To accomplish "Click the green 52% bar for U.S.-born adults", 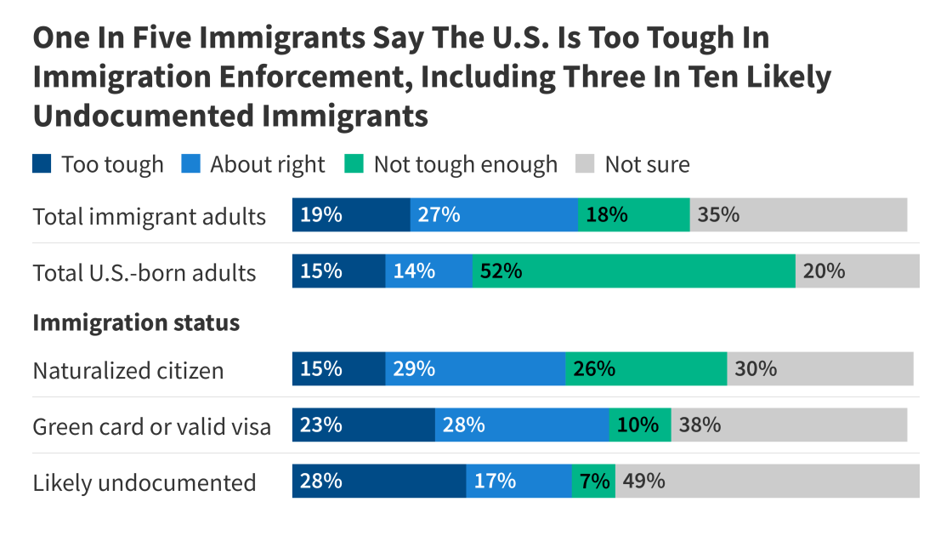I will [x=633, y=271].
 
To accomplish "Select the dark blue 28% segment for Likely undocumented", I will [x=379, y=481].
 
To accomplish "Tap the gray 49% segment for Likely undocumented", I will [x=767, y=481].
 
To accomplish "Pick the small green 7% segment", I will [x=593, y=481].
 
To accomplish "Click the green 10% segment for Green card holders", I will [x=639, y=425].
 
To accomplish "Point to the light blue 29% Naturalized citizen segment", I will [x=475, y=369].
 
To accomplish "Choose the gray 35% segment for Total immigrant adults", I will [x=798, y=214].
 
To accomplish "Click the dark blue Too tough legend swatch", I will [x=42, y=163].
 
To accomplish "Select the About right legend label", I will [x=267, y=164].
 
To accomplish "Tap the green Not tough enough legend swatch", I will [x=354, y=163].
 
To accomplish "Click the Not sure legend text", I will [x=647, y=164].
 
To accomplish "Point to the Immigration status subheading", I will [x=136, y=323].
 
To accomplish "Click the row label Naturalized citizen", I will [x=128, y=371].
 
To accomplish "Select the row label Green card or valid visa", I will [x=152, y=426].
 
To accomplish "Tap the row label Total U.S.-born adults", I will [x=144, y=272].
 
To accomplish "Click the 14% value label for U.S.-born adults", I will [x=414, y=271].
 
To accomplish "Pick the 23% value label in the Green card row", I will [x=321, y=425].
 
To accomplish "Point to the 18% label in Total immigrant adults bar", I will [x=607, y=214].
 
